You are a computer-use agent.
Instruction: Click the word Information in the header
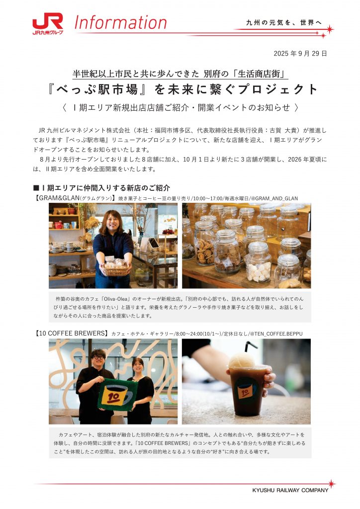[120, 22]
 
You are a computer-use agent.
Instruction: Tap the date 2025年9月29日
[300, 54]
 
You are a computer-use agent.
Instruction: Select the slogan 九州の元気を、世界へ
[284, 22]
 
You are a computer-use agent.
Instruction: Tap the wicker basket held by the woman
[116, 269]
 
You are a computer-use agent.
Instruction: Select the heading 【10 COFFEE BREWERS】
[71, 333]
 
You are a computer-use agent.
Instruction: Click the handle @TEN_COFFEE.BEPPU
[276, 334]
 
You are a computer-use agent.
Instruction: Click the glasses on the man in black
[98, 357]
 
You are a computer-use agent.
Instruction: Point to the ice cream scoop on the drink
[242, 361]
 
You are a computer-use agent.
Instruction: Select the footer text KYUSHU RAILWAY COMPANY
[290, 490]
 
